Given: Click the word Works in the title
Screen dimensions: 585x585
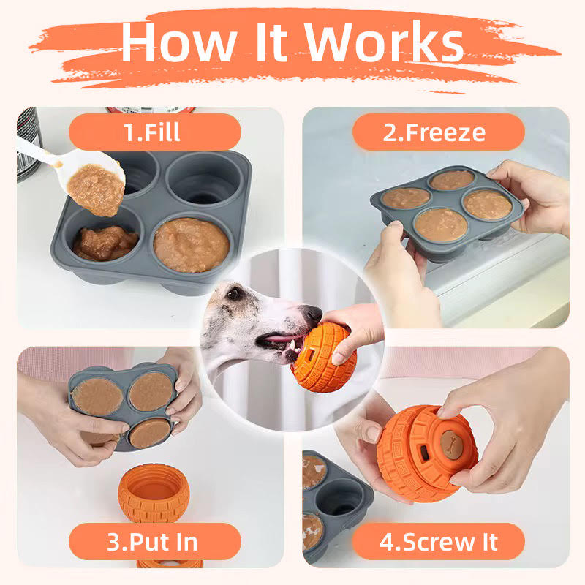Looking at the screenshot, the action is tap(385, 42).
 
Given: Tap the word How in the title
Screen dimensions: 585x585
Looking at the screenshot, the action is tap(179, 42).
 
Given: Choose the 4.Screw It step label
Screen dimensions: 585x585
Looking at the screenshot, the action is tap(439, 541).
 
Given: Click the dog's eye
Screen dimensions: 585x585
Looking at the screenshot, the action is tap(234, 294).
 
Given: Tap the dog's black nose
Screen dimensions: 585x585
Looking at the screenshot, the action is tap(312, 314).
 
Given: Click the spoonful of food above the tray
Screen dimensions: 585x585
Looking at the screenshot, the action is tap(96, 189).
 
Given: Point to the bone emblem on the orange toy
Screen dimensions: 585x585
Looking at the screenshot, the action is tap(451, 443).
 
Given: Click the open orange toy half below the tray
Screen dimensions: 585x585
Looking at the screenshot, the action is tap(154, 491).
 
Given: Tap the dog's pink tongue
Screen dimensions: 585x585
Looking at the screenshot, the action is tap(277, 339).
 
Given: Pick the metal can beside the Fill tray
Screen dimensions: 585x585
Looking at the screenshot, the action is tap(29, 143).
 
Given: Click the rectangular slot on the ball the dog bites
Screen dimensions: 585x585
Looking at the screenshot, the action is tap(310, 355).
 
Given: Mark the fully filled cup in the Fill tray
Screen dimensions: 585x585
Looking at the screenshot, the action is tap(191, 245).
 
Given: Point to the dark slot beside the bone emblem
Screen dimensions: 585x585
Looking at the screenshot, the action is tap(425, 452).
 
